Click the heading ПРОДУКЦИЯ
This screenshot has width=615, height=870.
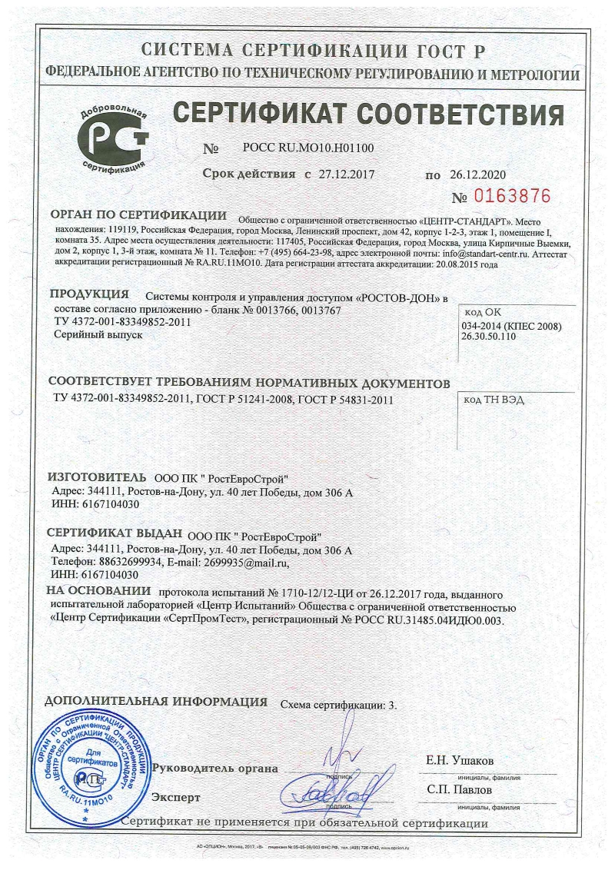coord(88,294)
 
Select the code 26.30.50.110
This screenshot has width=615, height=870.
coord(496,337)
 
